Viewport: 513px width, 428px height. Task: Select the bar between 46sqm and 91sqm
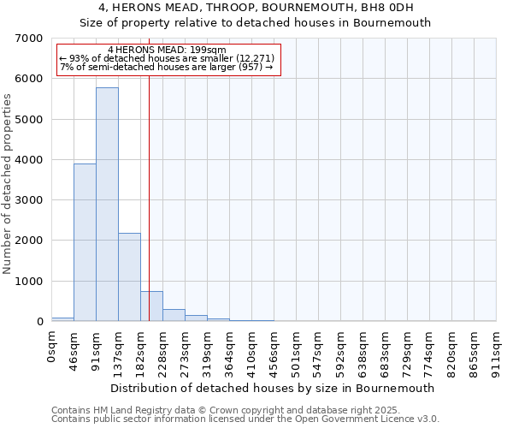point(85,242)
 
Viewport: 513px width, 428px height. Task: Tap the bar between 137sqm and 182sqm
point(129,276)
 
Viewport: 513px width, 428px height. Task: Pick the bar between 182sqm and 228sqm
point(151,306)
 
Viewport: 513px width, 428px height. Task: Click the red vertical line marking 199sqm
point(149,214)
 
